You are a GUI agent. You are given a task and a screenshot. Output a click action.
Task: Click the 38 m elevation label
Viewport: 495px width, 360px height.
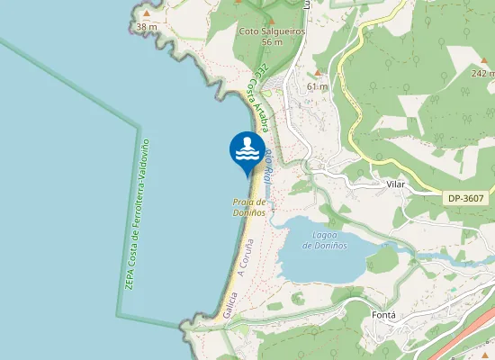146,27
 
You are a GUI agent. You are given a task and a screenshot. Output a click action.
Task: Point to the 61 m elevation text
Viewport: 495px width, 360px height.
317,86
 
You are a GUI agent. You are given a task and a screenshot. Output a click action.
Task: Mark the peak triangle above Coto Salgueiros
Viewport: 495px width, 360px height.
271,20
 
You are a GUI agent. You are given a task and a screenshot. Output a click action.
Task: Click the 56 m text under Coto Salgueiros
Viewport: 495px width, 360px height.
272,42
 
